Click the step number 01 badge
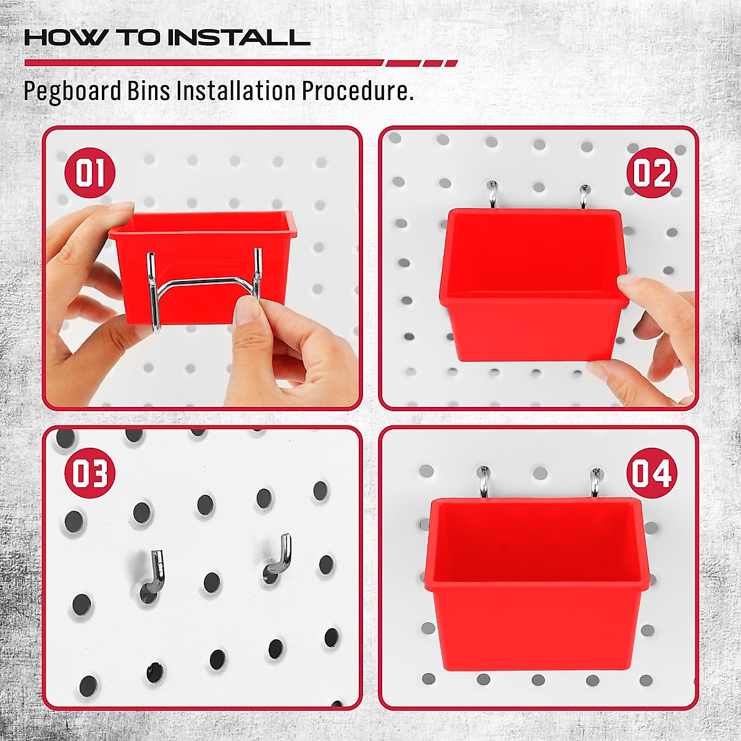[90, 173]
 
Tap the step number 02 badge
[652, 173]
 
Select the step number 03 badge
[90, 473]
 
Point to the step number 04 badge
[652, 474]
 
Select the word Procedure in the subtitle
[357, 91]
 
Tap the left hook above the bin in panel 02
[493, 195]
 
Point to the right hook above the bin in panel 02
[584, 196]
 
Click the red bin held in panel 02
[531, 284]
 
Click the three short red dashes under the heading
[422, 63]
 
